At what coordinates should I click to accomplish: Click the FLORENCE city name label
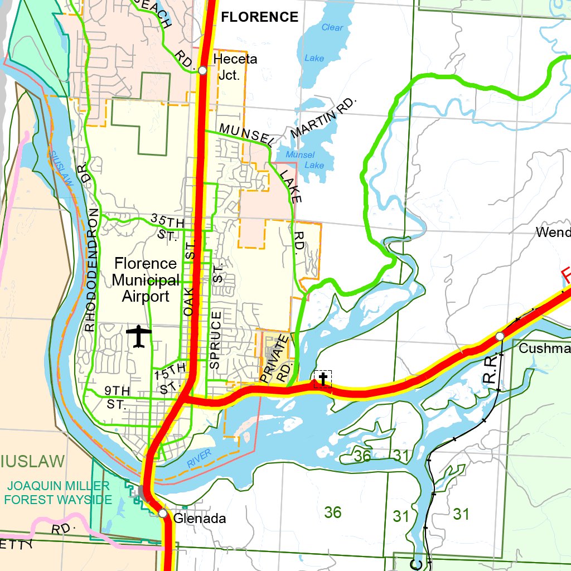coord(260,17)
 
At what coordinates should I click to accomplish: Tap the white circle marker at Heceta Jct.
coord(202,70)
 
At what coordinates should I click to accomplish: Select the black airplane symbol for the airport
coord(139,337)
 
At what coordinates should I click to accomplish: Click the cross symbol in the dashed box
coord(323,379)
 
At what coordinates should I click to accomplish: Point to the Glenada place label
coord(200,519)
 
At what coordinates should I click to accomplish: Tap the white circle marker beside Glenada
coord(162,513)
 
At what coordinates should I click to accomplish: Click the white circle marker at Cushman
coord(500,336)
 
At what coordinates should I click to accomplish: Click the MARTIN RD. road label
coord(322,119)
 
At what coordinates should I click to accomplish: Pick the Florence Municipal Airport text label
coord(145,280)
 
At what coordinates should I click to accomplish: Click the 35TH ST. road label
coord(167,227)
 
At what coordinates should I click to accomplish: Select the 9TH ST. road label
coord(117,397)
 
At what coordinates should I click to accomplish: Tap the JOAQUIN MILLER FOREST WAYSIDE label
coord(58,493)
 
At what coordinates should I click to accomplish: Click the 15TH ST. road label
coord(170,378)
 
